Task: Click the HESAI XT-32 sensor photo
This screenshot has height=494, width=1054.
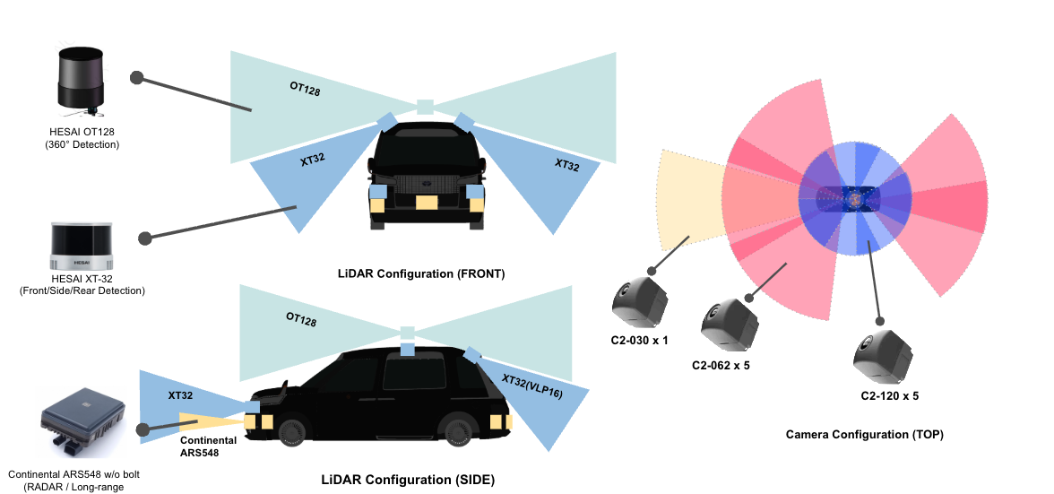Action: click(82, 247)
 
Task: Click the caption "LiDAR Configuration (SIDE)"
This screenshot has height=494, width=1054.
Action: click(408, 480)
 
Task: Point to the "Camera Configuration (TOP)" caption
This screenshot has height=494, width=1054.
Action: click(864, 434)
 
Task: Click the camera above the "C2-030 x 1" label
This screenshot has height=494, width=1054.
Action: click(639, 300)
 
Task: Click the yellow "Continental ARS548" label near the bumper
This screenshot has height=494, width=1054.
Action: click(208, 446)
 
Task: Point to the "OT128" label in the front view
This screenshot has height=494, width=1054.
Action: click(305, 90)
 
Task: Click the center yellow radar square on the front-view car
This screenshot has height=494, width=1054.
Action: click(427, 203)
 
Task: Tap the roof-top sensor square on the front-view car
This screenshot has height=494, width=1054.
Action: click(426, 106)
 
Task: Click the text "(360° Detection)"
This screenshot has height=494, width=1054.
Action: click(83, 143)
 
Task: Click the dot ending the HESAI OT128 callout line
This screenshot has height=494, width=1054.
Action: click(137, 78)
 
